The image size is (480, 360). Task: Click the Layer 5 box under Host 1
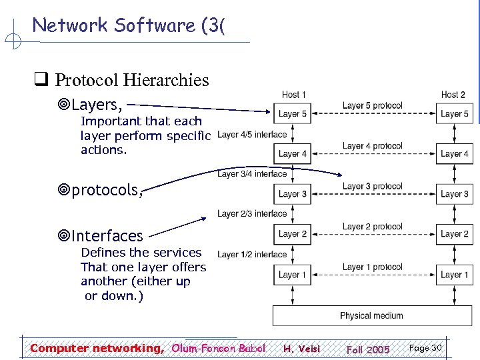tap(293, 113)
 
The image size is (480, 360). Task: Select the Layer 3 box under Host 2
tap(454, 194)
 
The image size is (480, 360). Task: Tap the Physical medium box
tap(371, 315)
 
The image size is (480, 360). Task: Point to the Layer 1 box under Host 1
tap(293, 274)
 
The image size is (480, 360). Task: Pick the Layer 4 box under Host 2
tap(454, 153)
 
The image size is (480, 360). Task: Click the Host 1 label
tap(294, 95)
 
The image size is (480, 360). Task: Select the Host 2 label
tap(453, 95)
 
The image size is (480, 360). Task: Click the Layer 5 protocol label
tap(372, 105)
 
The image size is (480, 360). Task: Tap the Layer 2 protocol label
tap(372, 227)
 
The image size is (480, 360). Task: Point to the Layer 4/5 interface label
tap(252, 134)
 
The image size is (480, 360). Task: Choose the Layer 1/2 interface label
tap(252, 254)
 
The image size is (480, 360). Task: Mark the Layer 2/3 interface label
tap(252, 214)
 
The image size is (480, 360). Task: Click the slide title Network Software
tap(129, 25)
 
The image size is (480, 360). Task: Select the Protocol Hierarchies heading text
tap(131, 81)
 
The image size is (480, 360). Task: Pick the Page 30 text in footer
tap(425, 348)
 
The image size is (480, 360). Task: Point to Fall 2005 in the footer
tap(368, 349)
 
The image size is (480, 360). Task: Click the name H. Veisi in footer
tap(301, 349)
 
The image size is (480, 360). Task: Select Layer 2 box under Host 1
tap(293, 234)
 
